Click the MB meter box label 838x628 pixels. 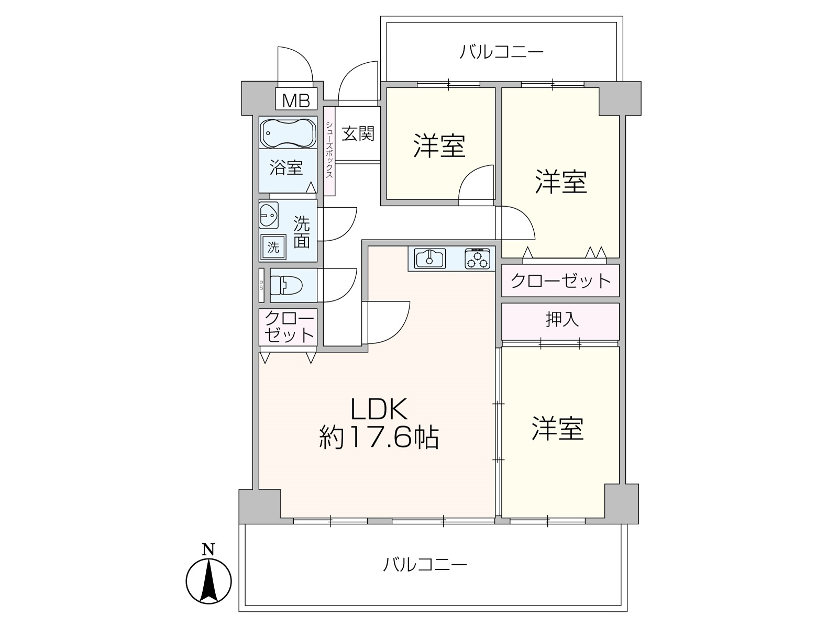coord(296,100)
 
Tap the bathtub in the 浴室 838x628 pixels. coord(288,133)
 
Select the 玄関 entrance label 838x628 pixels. coord(358,133)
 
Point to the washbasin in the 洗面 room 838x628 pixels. coord(269,216)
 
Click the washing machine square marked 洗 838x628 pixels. coord(273,247)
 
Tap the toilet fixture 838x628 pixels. coord(286,285)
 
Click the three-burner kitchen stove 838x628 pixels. coord(477,259)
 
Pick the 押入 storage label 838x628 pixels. coord(563,319)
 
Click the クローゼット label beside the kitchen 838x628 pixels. coord(560,281)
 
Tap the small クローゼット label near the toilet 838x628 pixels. coord(289,327)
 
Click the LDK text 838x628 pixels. coord(379,408)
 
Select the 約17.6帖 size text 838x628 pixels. coord(379,437)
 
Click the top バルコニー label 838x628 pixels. coord(501,51)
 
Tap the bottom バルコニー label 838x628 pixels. coord(425,564)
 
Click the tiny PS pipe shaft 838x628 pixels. coord(261,285)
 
